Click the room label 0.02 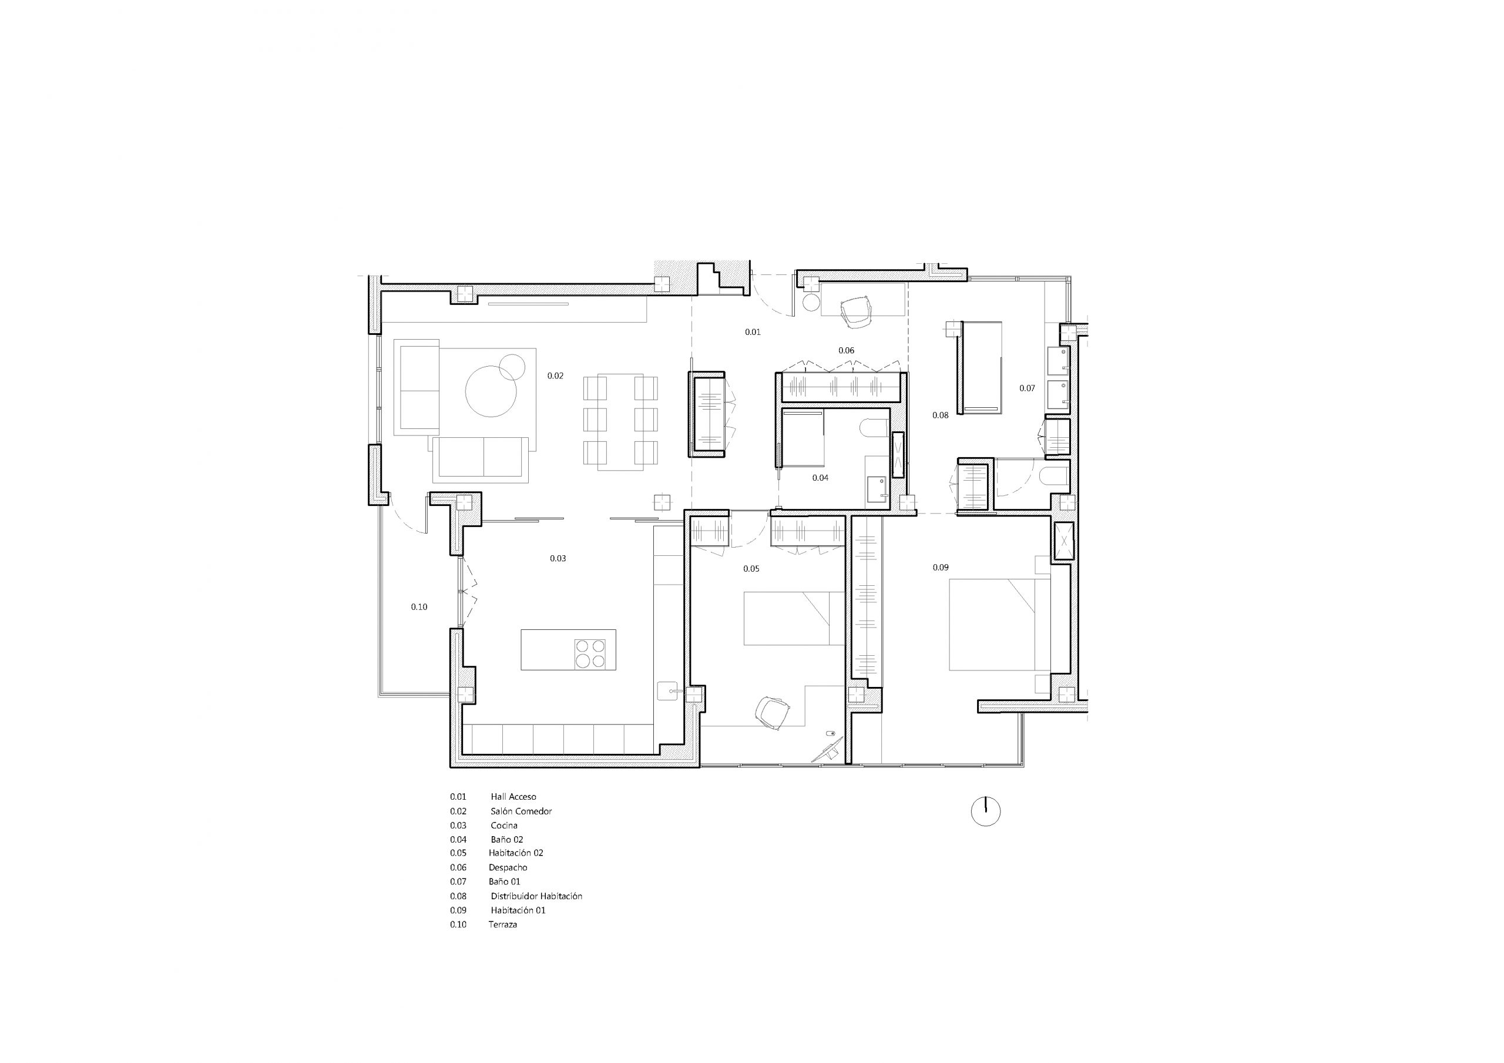[555, 376]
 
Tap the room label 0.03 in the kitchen [558, 558]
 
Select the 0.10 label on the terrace [418, 607]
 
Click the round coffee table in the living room [491, 391]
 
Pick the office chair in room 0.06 [855, 311]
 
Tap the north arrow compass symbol [985, 811]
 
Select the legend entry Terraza [502, 925]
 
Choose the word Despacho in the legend [508, 868]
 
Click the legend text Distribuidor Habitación [536, 896]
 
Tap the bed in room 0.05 [793, 618]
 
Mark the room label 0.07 [1026, 388]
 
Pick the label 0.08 [939, 415]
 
